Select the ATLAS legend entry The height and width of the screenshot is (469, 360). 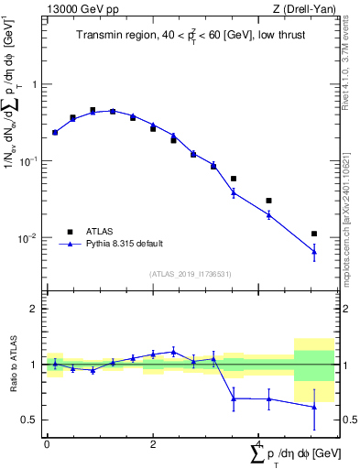tap(101, 232)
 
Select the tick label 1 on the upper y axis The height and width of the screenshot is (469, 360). tap(35, 84)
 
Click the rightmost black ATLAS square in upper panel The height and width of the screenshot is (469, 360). tap(314, 234)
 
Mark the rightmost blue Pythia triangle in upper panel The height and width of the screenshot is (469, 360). tap(314, 251)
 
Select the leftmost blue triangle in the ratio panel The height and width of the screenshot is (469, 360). tap(55, 364)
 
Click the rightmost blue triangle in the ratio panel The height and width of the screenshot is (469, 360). tap(314, 407)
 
